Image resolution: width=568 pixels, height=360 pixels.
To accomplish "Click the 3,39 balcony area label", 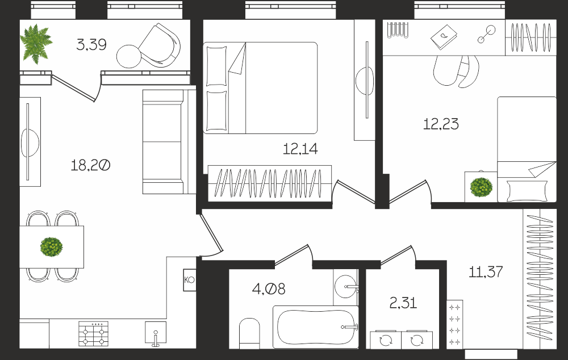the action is pos(91,45).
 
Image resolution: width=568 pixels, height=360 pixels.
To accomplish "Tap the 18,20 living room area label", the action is pos(90,165).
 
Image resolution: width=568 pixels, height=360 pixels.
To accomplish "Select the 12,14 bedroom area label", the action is pos(300,149).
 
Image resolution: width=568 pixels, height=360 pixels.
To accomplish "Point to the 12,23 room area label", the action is pos(441,124).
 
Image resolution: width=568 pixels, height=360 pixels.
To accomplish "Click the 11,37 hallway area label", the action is pos(486,271).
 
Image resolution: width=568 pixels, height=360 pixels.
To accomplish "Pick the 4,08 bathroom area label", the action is pos(269,289).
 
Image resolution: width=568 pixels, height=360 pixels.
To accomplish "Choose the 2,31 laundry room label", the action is pos(403,303).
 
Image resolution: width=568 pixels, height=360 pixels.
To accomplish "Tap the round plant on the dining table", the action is pos(52,247).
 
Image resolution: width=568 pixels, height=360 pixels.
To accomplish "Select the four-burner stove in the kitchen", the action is pos(94,333).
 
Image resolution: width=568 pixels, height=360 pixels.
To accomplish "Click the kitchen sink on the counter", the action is pos(156,333).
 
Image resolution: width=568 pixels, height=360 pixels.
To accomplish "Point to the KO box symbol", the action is pos(190,280).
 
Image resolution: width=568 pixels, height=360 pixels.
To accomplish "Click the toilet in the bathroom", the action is pos(249,333).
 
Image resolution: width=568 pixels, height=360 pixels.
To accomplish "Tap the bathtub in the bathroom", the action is pos(315,327).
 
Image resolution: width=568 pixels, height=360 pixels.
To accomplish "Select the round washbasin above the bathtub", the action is pos(346,287).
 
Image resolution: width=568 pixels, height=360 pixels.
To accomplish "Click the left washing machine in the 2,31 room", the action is pos(386,340).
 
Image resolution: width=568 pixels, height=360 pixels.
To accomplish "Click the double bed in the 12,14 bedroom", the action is pos(260,88).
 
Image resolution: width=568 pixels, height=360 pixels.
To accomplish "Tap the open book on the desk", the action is pos(444,37).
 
